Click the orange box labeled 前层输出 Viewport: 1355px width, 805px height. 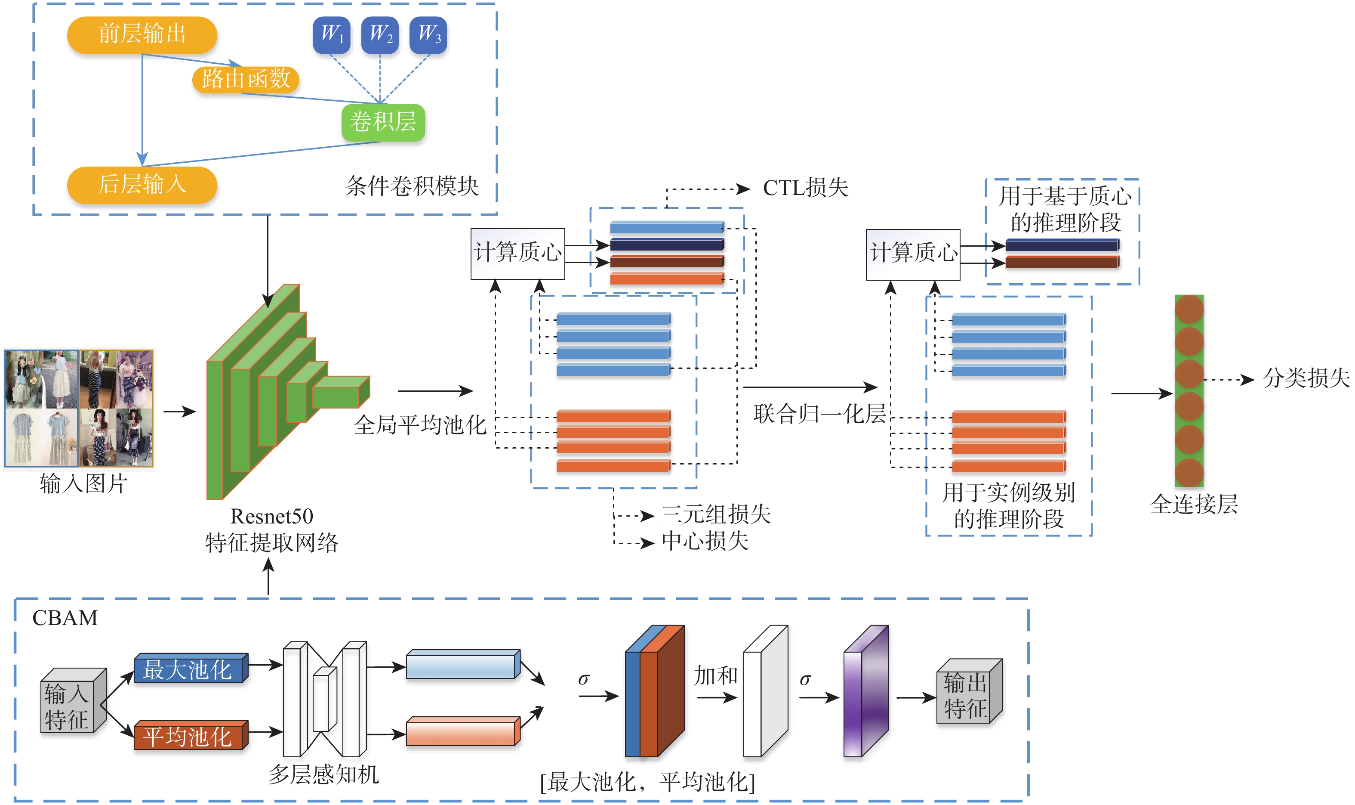coord(142,35)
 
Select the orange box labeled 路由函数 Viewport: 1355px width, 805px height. coord(246,79)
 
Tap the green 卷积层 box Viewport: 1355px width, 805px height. coord(383,122)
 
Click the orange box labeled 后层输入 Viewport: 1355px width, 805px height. coord(142,184)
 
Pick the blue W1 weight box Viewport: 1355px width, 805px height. coord(331,35)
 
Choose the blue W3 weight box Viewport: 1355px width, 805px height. coord(428,35)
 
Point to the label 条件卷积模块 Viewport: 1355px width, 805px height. coord(412,186)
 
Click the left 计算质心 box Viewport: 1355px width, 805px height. coord(517,253)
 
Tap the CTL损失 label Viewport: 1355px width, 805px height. coord(805,188)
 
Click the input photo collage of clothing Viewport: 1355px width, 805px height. coord(79,409)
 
